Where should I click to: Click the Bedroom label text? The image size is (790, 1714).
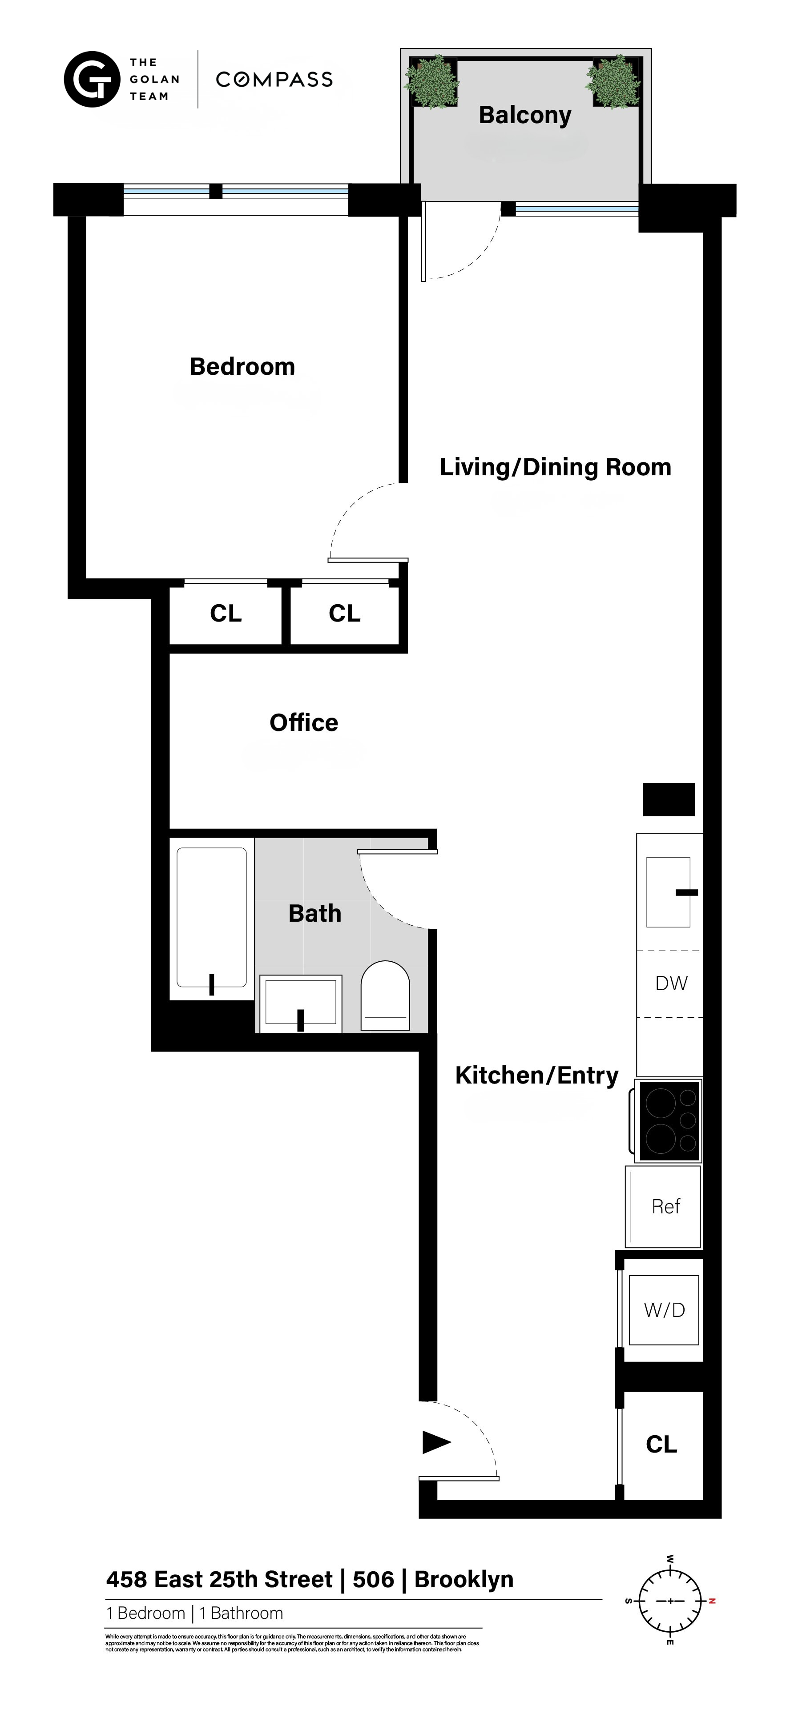(242, 367)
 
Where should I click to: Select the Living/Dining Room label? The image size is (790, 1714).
(555, 467)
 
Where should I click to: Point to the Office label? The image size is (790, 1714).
(303, 723)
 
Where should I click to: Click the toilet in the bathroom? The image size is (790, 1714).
(385, 996)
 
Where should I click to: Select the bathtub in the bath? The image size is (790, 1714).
(212, 917)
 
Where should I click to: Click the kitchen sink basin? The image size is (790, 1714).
(668, 891)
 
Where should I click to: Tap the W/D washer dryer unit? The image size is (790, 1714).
(664, 1309)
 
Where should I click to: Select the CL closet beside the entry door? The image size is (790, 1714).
(661, 1444)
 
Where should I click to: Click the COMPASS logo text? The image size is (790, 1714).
(274, 80)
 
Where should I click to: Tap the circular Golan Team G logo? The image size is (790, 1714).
(92, 79)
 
